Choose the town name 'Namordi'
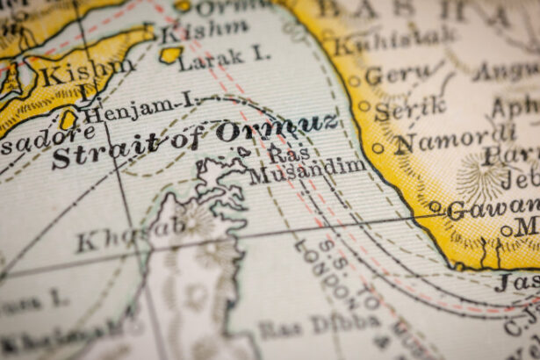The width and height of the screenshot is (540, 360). click(457, 140)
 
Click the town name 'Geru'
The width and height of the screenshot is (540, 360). click(399, 76)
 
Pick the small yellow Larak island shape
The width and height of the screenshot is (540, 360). click(170, 54)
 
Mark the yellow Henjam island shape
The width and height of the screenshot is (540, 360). click(68, 119)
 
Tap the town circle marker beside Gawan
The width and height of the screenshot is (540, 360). click(435, 207)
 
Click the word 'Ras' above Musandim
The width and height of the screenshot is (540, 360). click(284, 152)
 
